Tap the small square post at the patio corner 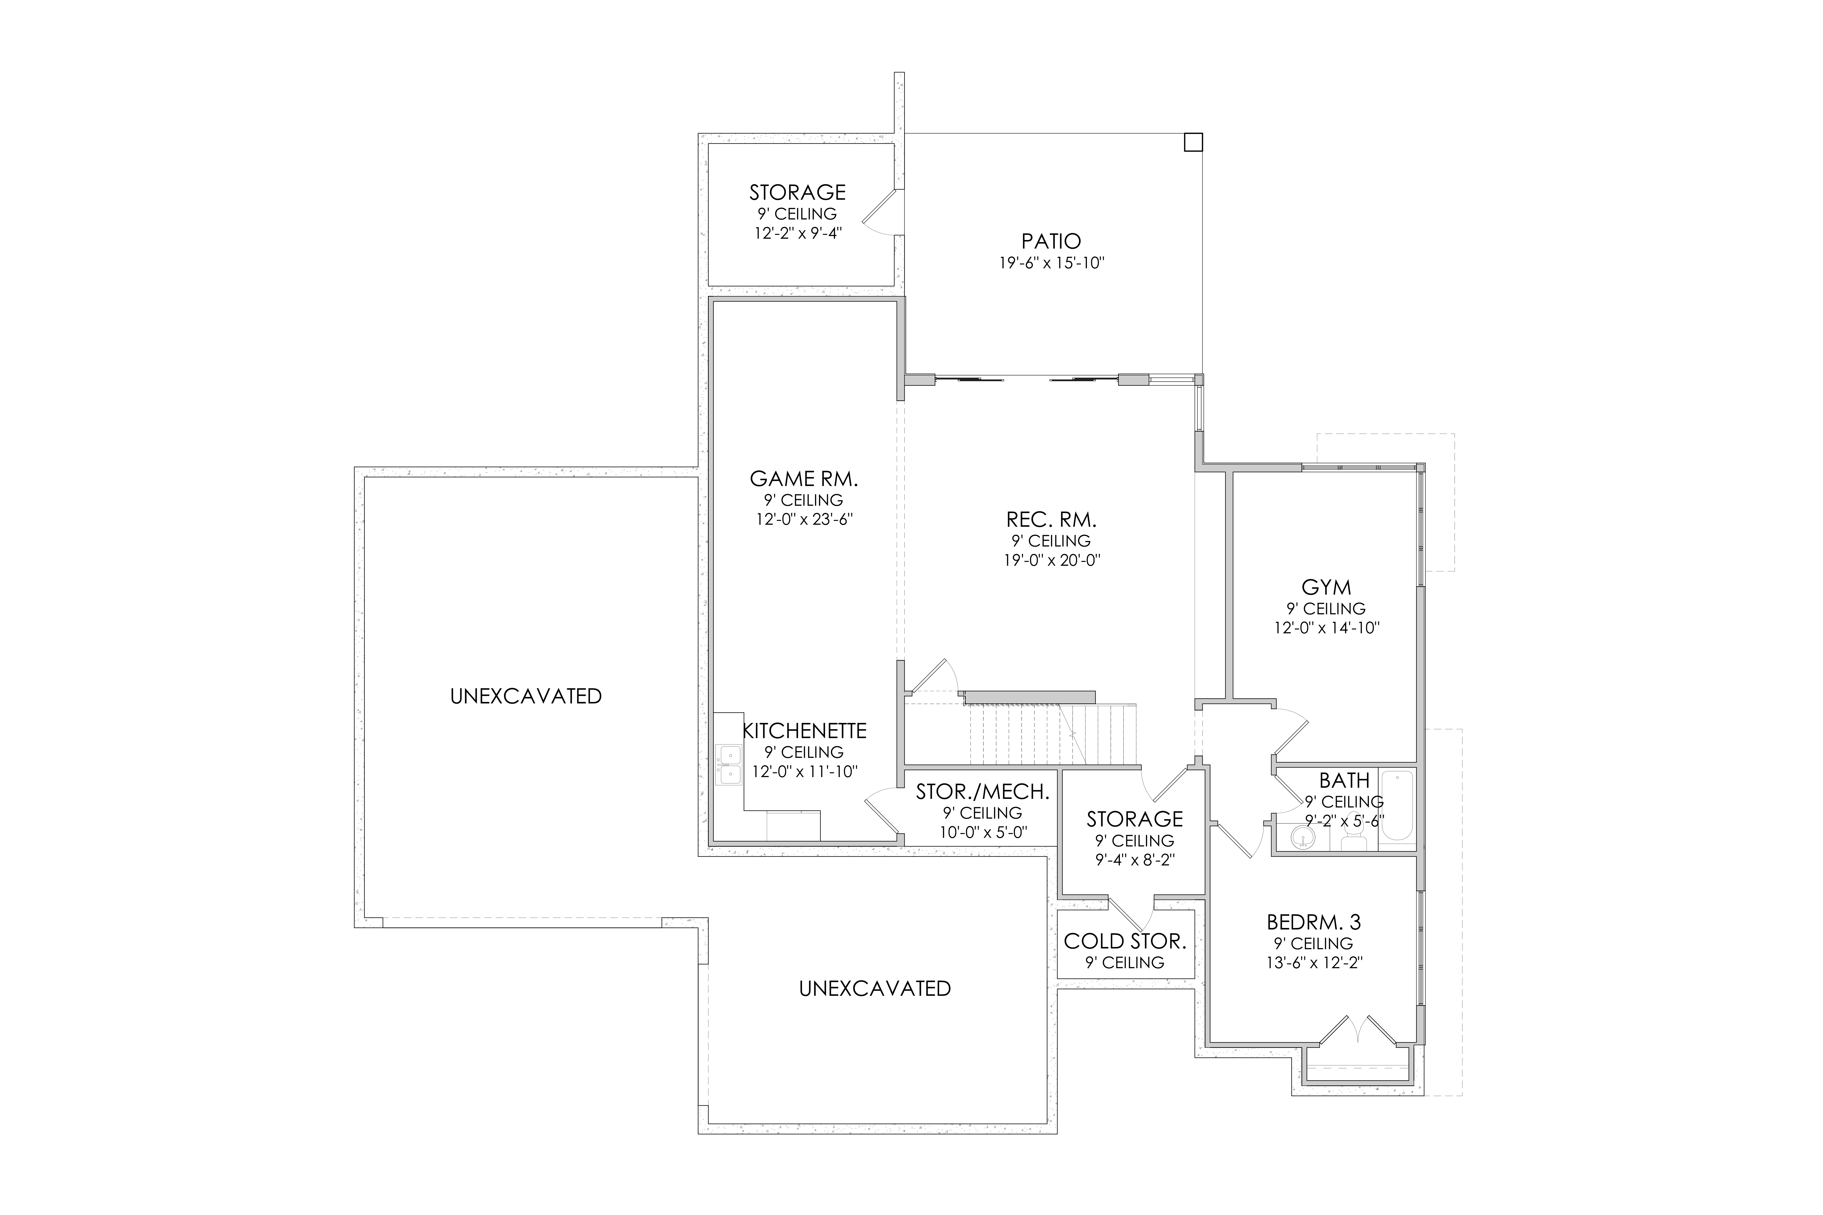1194,143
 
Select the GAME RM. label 804,479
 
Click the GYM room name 1326,587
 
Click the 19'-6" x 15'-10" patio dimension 1051,263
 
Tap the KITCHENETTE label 805,731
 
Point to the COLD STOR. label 1125,941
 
